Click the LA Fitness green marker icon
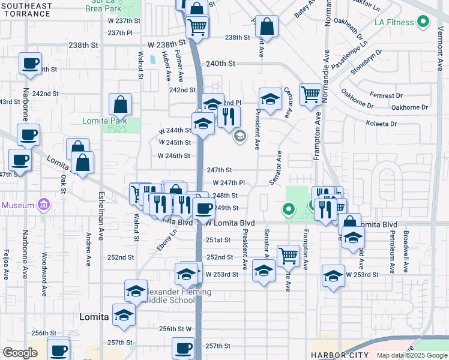[423, 23]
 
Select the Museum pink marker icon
[43, 206]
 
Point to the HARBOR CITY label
[339, 355]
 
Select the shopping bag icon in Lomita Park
[121, 104]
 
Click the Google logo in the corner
[20, 353]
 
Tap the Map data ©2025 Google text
[411, 355]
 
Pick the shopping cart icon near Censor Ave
[310, 94]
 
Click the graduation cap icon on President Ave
[270, 98]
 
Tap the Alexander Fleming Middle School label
[174, 296]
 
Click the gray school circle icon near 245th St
[240, 136]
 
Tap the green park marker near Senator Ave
[289, 209]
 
